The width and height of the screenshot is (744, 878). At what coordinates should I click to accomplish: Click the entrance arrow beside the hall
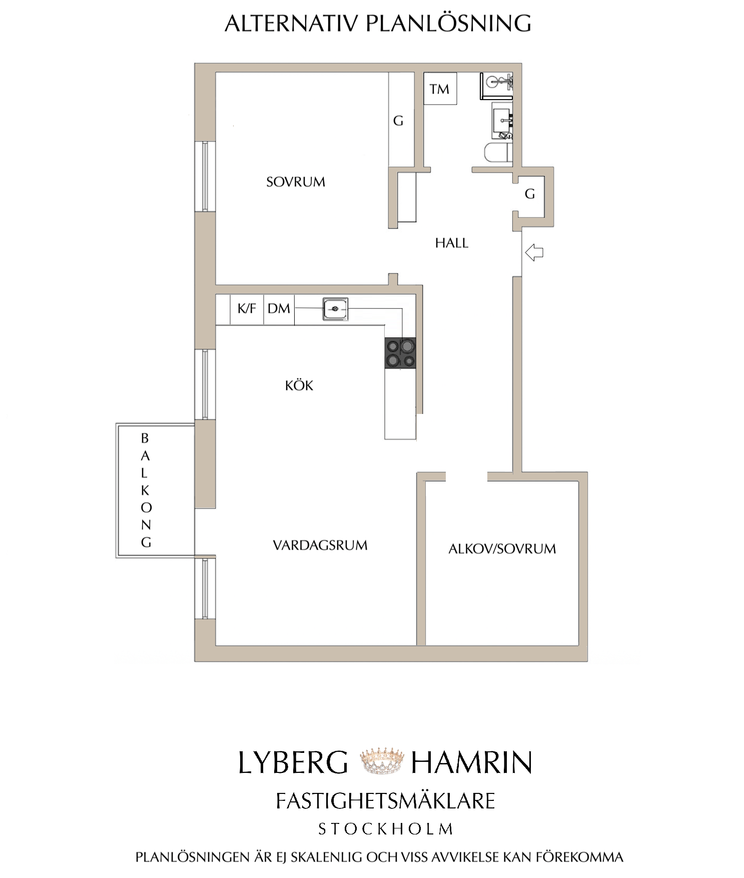pyautogui.click(x=534, y=252)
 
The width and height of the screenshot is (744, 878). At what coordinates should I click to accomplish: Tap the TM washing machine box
pyautogui.click(x=440, y=89)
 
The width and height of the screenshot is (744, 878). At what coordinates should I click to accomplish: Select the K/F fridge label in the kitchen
pyautogui.click(x=247, y=308)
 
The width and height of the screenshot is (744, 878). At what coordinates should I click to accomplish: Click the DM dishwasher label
pyautogui.click(x=279, y=308)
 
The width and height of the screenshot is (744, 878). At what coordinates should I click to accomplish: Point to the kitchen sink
pyautogui.click(x=335, y=309)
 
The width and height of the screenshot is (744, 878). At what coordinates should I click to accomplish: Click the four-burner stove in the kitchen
pyautogui.click(x=400, y=353)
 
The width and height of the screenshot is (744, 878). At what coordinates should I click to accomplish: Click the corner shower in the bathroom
pyautogui.click(x=496, y=86)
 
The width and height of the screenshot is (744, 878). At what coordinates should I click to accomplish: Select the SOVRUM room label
pyautogui.click(x=296, y=182)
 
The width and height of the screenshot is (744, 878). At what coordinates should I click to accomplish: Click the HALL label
pyautogui.click(x=452, y=243)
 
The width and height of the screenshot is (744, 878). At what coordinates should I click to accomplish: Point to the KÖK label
pyautogui.click(x=299, y=385)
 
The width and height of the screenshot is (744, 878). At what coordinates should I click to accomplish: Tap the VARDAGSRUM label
pyautogui.click(x=320, y=545)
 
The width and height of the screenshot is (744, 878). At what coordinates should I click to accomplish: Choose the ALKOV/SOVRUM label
pyautogui.click(x=502, y=549)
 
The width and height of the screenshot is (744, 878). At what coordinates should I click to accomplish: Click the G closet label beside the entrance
pyautogui.click(x=530, y=194)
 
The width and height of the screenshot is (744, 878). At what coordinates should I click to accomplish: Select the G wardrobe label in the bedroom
pyautogui.click(x=398, y=121)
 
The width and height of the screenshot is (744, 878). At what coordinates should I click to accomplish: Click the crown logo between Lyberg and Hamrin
pyautogui.click(x=382, y=761)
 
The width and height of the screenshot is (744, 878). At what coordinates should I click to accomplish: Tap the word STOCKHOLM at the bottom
pyautogui.click(x=386, y=829)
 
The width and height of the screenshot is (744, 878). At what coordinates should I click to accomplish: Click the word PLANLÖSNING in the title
pyautogui.click(x=448, y=23)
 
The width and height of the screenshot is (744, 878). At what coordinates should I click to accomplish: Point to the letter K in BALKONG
pyautogui.click(x=145, y=491)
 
